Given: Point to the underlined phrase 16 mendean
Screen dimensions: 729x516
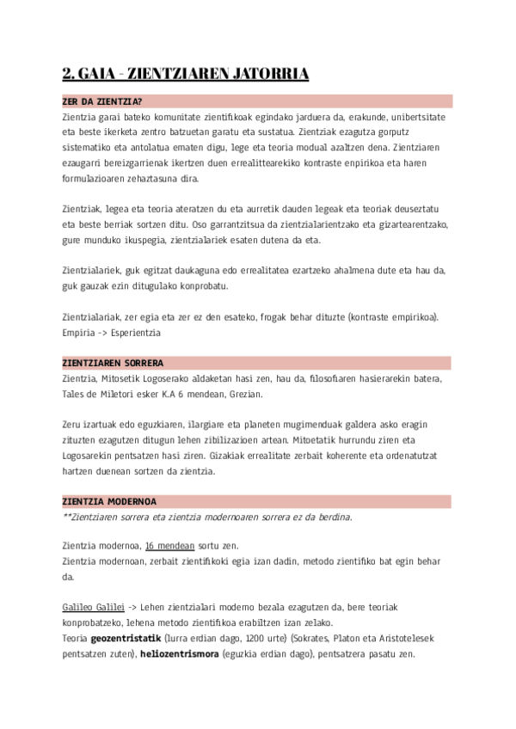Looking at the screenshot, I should point(169,546).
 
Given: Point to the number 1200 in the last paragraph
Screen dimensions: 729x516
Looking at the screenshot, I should point(251,638).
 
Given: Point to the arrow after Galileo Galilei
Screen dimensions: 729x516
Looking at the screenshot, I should point(134,607).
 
